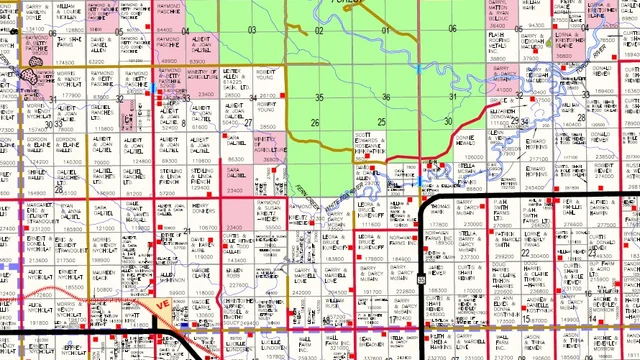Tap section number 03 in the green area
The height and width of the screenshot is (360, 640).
tap(252, 30)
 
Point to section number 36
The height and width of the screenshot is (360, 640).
tap(387, 97)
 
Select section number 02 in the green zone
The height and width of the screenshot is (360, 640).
tap(319, 30)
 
